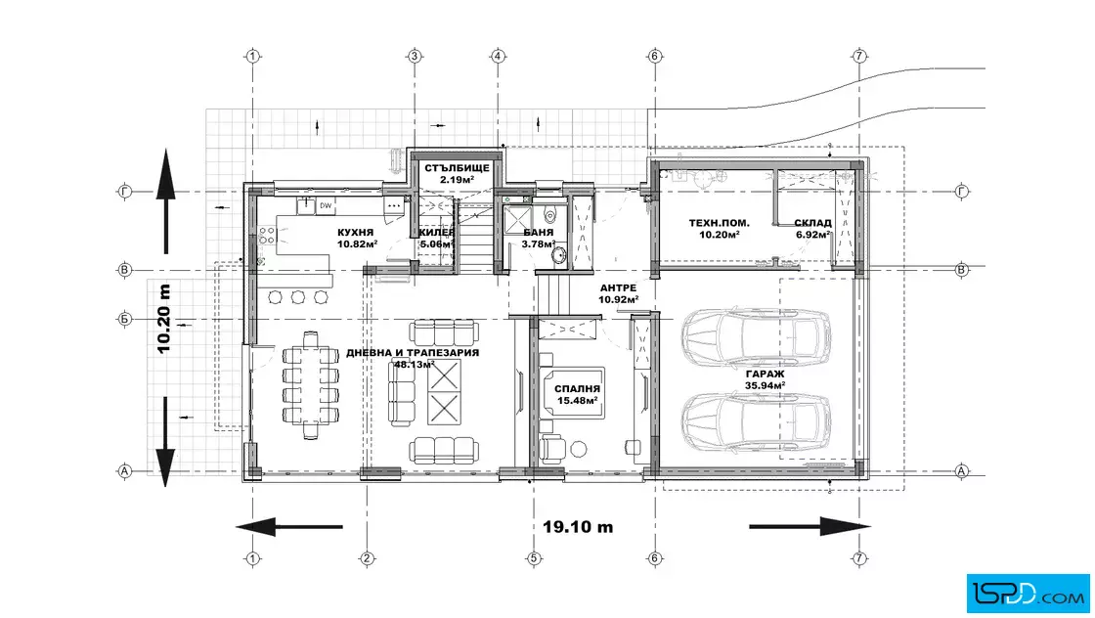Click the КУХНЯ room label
(356, 233)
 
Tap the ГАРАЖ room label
(765, 375)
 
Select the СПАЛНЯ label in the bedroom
(577, 389)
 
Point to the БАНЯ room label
(539, 233)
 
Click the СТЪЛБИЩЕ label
(457, 168)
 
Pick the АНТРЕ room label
(618, 287)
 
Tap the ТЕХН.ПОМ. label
(720, 223)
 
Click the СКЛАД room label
(812, 223)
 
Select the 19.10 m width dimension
(578, 526)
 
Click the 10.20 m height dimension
(164, 319)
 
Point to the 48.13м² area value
(415, 364)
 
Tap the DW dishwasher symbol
(326, 206)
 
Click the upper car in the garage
(757, 338)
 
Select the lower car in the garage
(757, 421)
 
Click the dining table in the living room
(311, 384)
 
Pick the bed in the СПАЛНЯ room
(573, 392)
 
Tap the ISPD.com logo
(1028, 594)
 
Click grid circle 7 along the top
(859, 56)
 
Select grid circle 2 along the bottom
(367, 558)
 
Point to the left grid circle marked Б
(124, 319)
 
